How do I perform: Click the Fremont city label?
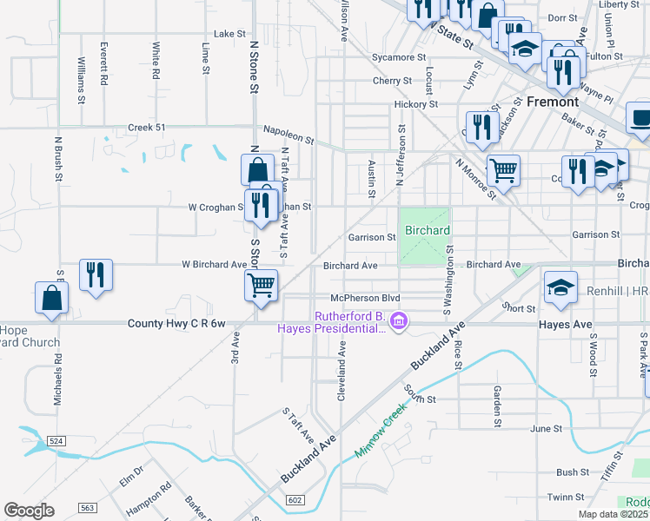553,102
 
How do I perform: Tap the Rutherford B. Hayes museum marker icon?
399,322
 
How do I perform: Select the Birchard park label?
427,230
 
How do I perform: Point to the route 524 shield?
56,442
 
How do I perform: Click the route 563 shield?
87,508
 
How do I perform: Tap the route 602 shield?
295,499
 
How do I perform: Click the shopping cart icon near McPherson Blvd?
261,284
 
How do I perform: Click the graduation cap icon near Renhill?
560,287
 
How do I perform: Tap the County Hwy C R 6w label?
176,323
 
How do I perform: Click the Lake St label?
230,34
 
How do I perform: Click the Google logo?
29,511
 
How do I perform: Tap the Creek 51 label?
146,127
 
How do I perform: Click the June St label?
547,428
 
